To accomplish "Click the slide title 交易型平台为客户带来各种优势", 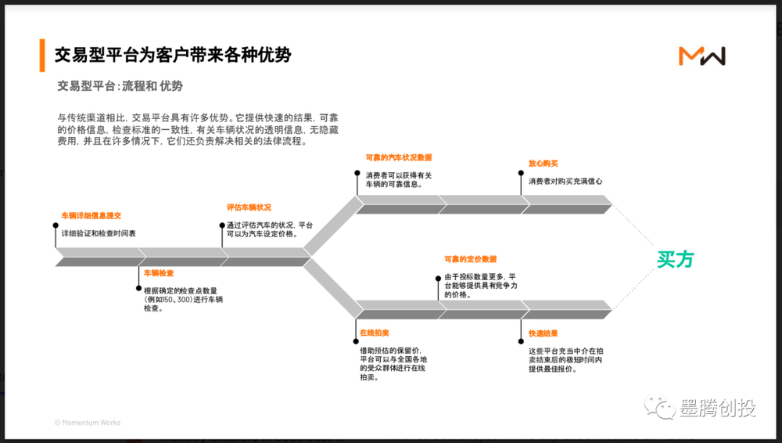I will point(173,55).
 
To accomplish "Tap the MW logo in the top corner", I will point(701,56).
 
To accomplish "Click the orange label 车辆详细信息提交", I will point(91,214).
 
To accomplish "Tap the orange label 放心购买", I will point(543,164).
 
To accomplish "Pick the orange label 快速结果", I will point(543,333).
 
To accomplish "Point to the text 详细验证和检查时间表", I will point(99,233).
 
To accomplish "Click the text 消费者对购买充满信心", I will point(565,182).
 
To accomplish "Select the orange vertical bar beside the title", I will point(41,55).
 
